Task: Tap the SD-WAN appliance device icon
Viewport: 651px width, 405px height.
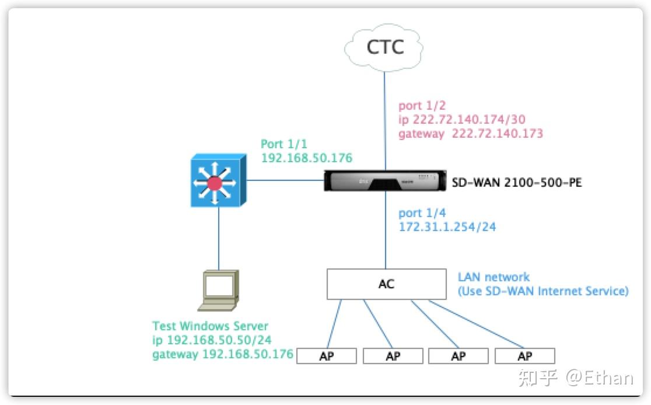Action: pyautogui.click(x=384, y=182)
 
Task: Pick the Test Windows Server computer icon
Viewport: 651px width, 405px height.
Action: pyautogui.click(x=219, y=290)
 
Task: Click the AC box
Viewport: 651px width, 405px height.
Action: pyautogui.click(x=386, y=284)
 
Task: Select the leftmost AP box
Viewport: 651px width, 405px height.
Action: pyautogui.click(x=327, y=356)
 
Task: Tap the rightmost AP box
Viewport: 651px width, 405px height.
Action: pyautogui.click(x=524, y=356)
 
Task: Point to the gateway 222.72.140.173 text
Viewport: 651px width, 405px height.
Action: pyautogui.click(x=470, y=134)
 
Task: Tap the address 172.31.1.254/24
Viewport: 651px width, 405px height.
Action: pyautogui.click(x=447, y=227)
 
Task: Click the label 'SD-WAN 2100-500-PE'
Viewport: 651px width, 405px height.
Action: pyautogui.click(x=517, y=183)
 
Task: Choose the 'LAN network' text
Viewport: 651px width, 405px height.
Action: pyautogui.click(x=494, y=277)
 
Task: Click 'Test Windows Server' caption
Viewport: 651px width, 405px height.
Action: pyautogui.click(x=210, y=326)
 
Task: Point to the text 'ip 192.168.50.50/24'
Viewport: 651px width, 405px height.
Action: pyautogui.click(x=212, y=340)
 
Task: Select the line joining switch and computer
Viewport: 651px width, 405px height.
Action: pyautogui.click(x=219, y=239)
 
